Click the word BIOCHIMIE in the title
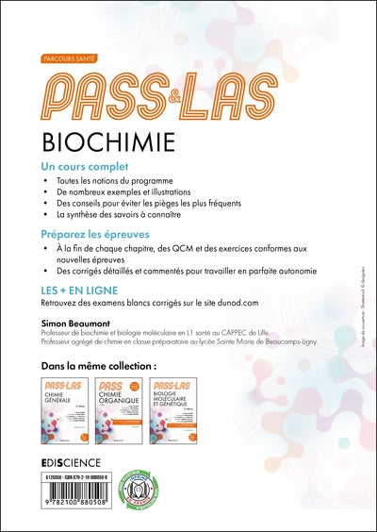click(x=120, y=141)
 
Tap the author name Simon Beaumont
click(x=76, y=323)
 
